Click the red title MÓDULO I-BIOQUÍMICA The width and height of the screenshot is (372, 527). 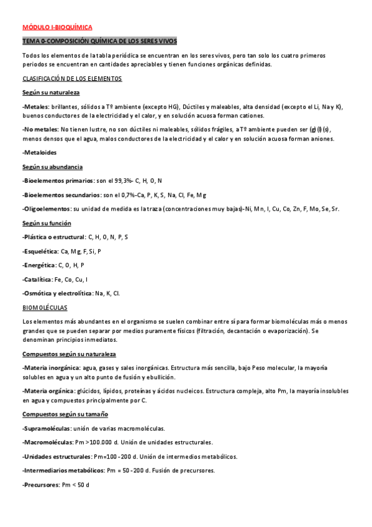[57, 28]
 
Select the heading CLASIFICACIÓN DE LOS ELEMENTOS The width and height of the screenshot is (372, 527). [72, 79]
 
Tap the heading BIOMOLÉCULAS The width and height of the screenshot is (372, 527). [45, 308]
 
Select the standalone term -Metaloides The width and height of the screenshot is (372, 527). [39, 153]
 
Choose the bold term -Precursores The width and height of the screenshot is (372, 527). [40, 484]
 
